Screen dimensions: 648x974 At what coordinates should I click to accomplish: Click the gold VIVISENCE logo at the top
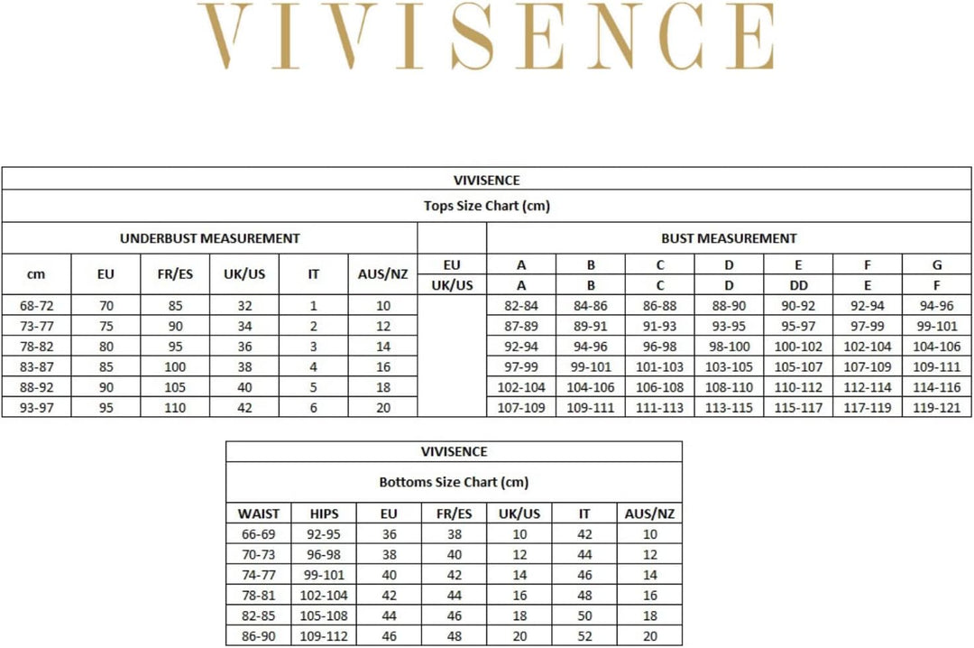point(486,37)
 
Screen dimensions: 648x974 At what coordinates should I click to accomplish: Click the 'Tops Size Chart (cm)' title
point(486,206)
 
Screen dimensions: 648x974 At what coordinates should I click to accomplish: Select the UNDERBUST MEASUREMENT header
point(209,238)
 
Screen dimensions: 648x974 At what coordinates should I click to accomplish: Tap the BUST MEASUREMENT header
point(729,238)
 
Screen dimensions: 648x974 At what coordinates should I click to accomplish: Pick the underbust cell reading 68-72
point(36,306)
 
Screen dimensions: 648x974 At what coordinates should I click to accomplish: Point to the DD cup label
point(798,285)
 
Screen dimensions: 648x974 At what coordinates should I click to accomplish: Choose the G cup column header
point(937,264)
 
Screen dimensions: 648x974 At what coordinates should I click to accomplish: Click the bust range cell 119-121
point(937,407)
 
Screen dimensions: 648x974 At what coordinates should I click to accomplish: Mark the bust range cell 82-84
point(521,306)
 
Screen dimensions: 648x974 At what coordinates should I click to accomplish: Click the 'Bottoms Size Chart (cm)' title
point(454,482)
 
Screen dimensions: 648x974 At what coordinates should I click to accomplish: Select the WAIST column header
point(259,514)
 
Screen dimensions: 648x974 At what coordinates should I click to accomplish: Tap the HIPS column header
point(324,514)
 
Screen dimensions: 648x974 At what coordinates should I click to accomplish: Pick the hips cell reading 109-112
point(324,635)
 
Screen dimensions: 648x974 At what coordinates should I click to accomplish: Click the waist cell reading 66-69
point(259,534)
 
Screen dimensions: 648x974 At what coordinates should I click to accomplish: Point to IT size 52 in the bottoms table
point(584,635)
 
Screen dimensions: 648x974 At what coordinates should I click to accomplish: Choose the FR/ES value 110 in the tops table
point(175,407)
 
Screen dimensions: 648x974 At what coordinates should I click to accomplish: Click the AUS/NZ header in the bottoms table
point(650,514)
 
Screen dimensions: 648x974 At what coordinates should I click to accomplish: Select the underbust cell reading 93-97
point(36,407)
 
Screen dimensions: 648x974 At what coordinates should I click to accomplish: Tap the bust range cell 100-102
point(798,347)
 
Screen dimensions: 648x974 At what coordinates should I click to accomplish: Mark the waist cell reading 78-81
point(259,595)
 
